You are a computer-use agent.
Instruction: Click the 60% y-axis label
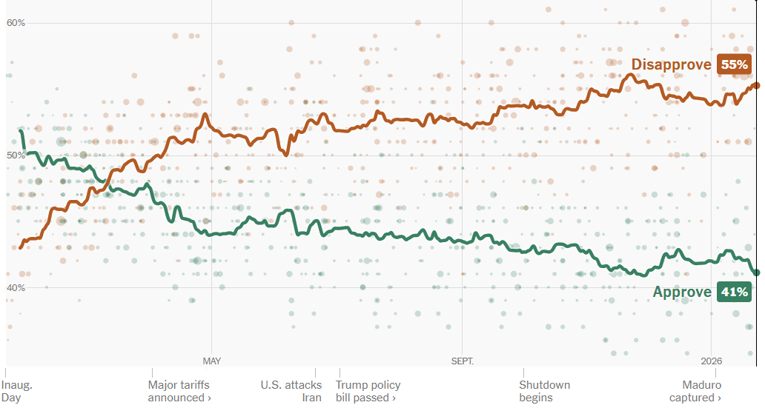click(x=16, y=23)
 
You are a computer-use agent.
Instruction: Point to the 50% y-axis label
click(x=16, y=155)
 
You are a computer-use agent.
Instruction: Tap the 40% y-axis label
click(x=16, y=287)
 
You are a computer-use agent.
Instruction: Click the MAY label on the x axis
click(x=212, y=361)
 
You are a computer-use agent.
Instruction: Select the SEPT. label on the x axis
click(x=462, y=361)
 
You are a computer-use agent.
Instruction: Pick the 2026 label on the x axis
click(x=711, y=361)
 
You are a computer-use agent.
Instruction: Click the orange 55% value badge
click(x=734, y=65)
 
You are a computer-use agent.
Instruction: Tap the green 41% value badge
click(x=734, y=292)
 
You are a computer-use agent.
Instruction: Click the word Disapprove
click(x=671, y=65)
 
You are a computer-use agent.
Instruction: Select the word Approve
click(x=682, y=292)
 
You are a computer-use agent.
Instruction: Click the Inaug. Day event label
click(x=17, y=391)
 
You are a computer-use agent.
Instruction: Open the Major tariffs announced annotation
click(x=179, y=391)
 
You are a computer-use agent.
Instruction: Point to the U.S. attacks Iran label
click(x=291, y=391)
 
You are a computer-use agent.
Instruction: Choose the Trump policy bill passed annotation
click(x=368, y=391)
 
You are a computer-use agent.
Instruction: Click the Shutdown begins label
click(x=545, y=391)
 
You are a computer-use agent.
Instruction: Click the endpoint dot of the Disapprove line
click(x=756, y=85)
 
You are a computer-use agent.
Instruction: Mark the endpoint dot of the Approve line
click(x=756, y=272)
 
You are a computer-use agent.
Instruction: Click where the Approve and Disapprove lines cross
click(x=108, y=183)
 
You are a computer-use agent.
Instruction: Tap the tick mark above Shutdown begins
click(x=523, y=372)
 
